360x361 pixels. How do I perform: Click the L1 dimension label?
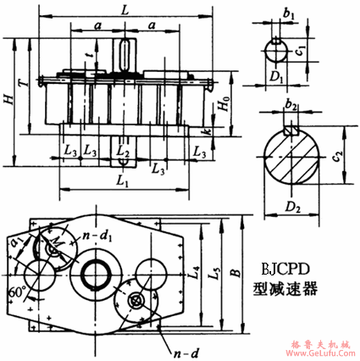[122, 182]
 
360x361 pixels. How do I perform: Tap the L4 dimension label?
[195, 274]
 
